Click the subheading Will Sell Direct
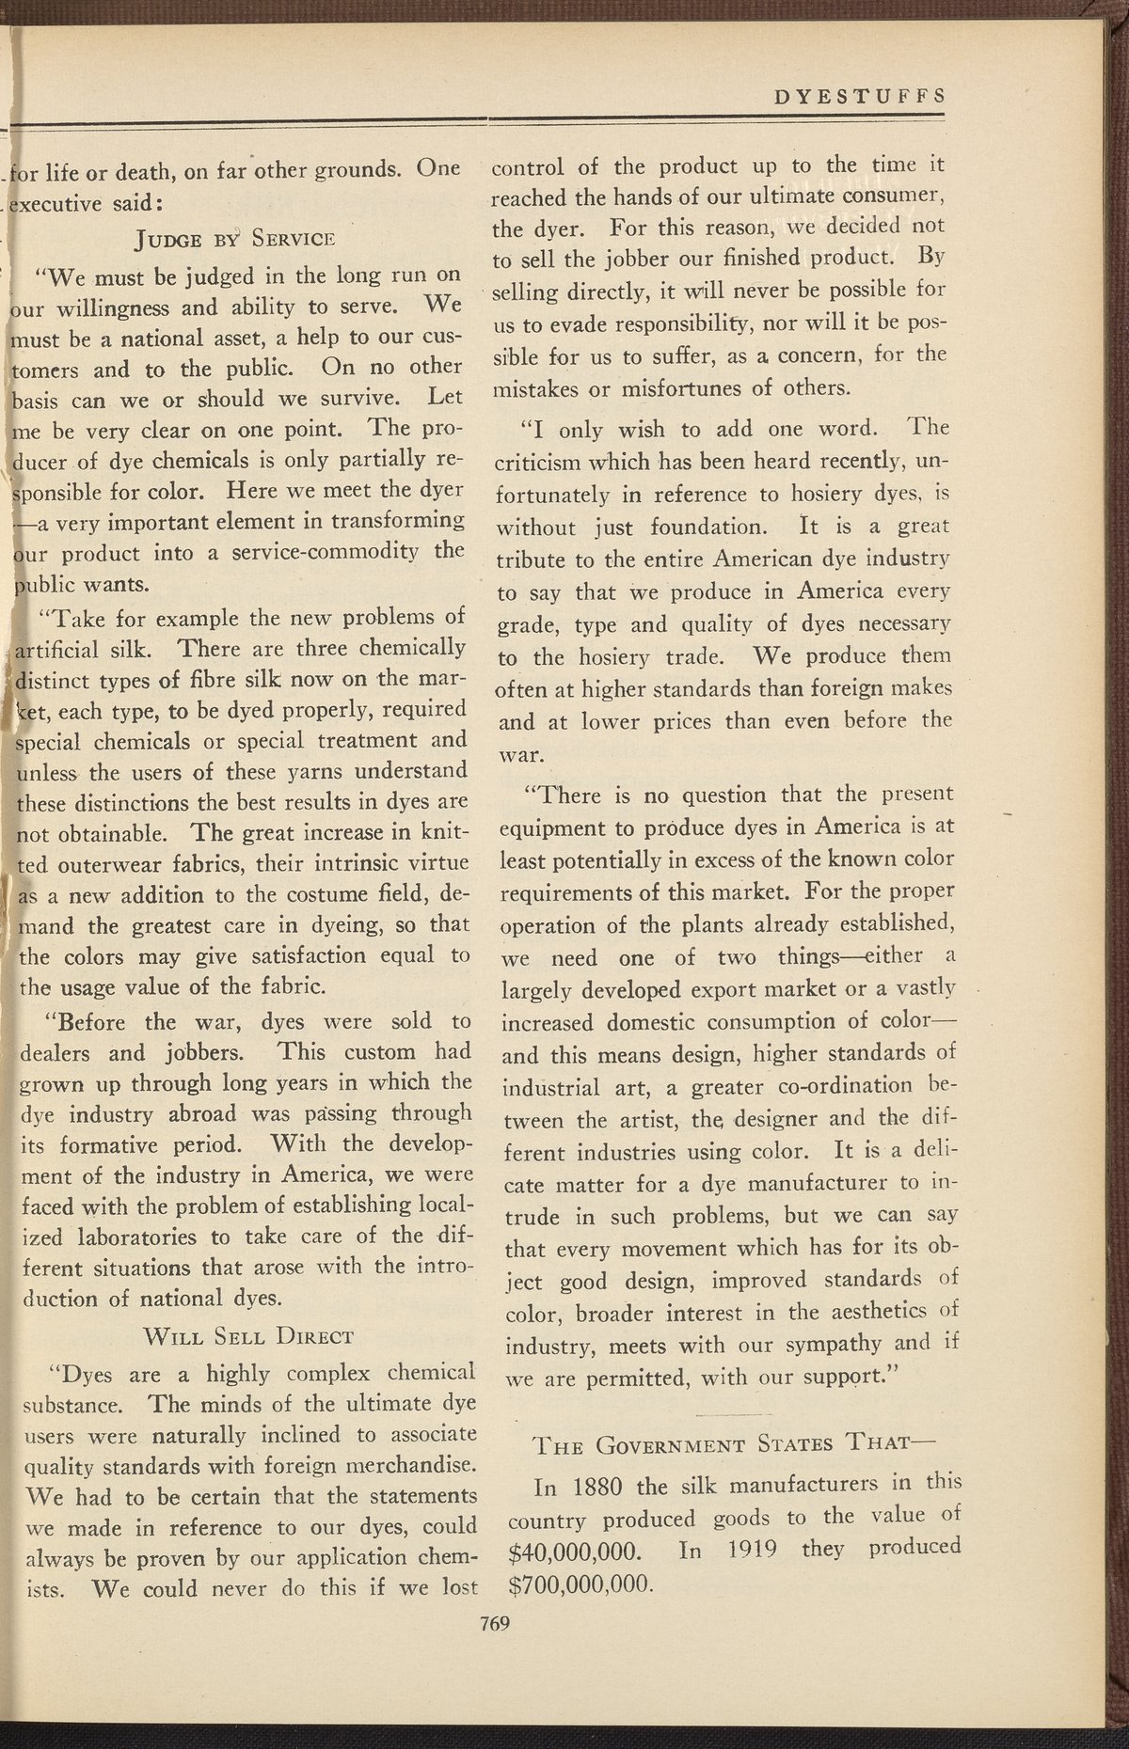[x=246, y=1335]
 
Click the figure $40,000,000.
[x=574, y=1549]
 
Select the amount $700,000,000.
[x=580, y=1583]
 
